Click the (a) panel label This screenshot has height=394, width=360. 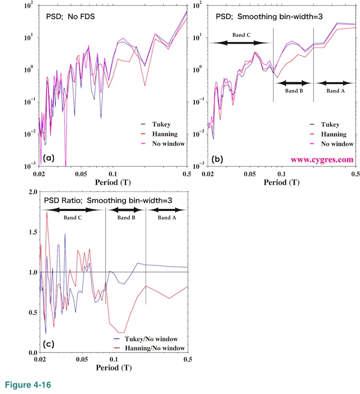coord(48,158)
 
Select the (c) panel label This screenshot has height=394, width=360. coord(48,344)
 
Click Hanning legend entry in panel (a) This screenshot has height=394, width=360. coord(164,134)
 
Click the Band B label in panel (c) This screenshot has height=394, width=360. coord(124,218)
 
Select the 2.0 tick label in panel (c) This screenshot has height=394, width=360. coord(32,192)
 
